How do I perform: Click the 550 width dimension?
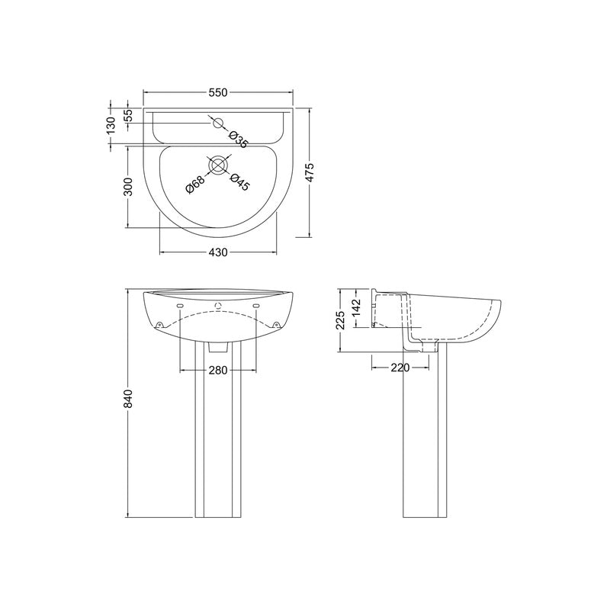pyautogui.click(x=218, y=93)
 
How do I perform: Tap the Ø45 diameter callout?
pyautogui.click(x=239, y=181)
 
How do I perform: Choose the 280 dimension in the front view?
pyautogui.click(x=218, y=371)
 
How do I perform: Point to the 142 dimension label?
pyautogui.click(x=356, y=309)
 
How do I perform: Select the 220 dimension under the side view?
pyautogui.click(x=400, y=368)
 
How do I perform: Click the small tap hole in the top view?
pyautogui.click(x=217, y=123)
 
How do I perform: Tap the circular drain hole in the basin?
pyautogui.click(x=219, y=165)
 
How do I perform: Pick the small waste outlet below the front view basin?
pyautogui.click(x=219, y=347)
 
